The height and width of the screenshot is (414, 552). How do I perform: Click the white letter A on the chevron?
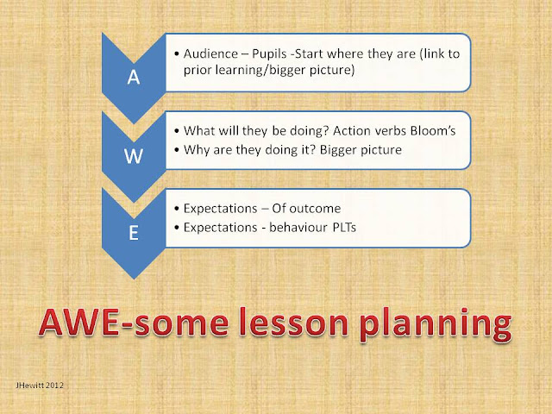click(134, 77)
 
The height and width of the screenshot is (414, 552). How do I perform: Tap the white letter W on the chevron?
click(134, 155)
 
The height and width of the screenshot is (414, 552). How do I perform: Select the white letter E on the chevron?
click(134, 233)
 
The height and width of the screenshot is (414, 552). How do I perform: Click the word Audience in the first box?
click(210, 53)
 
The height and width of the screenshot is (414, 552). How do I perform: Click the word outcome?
click(315, 209)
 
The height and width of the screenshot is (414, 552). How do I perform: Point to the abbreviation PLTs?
click(344, 228)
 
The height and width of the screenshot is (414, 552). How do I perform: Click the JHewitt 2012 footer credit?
click(40, 386)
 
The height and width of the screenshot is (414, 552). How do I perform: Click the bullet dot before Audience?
click(177, 54)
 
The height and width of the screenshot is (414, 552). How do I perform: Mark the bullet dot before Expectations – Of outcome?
click(177, 209)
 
